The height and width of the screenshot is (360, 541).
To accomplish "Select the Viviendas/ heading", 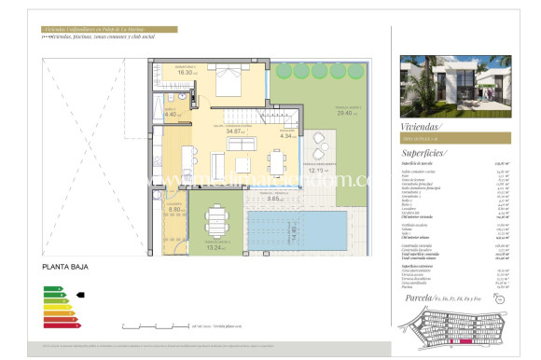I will point(422,124).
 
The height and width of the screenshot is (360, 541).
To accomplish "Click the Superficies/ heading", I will point(424,152).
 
